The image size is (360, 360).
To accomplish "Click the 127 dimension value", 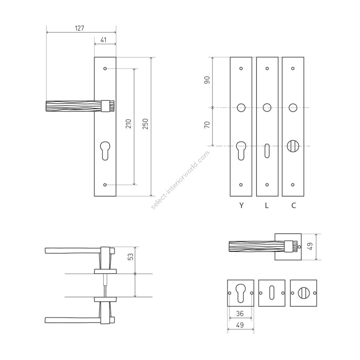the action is pyautogui.click(x=80, y=28).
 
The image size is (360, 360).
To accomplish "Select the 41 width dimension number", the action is pyautogui.click(x=104, y=40).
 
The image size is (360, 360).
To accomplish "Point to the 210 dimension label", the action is pyautogui.click(x=128, y=124).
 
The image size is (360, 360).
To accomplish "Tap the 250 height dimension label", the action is pyautogui.click(x=145, y=124).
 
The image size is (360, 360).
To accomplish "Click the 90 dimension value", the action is pyautogui.click(x=207, y=80).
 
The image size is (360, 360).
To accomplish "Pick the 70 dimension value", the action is pyautogui.click(x=207, y=125).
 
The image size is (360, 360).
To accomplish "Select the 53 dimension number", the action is pyautogui.click(x=130, y=256).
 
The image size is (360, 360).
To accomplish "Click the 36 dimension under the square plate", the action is pyautogui.click(x=240, y=313).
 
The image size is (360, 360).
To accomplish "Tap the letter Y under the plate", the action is pyautogui.click(x=241, y=205).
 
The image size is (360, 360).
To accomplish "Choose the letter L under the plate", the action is pyautogui.click(x=266, y=205).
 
